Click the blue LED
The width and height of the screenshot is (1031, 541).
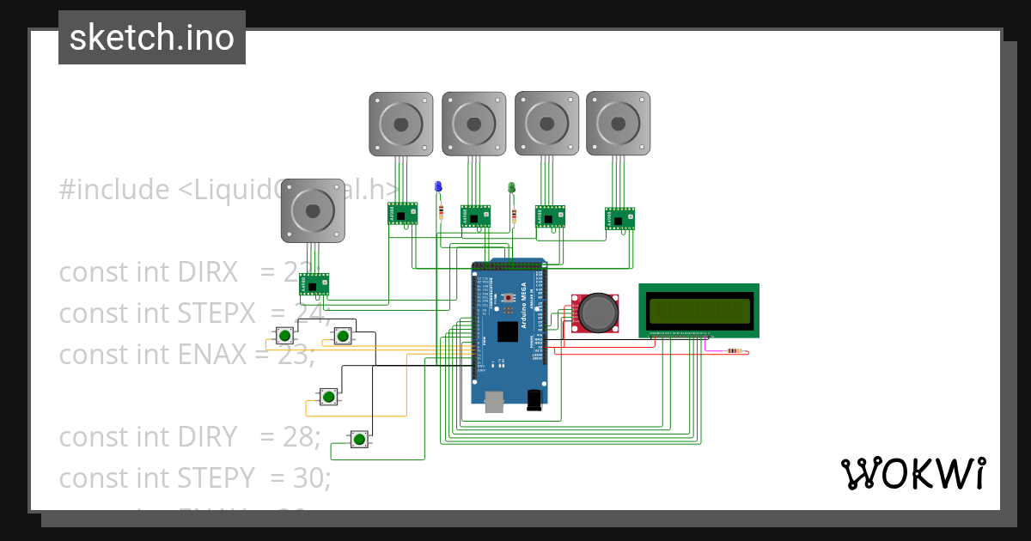point(438,186)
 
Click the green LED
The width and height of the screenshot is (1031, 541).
point(511,186)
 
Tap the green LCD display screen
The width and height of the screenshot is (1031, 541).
point(699,310)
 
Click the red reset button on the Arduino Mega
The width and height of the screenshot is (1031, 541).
point(508,297)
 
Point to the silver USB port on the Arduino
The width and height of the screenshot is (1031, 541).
point(495,402)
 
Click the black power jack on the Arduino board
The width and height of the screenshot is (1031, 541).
point(534,399)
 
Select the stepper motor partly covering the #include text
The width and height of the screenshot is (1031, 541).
point(314,210)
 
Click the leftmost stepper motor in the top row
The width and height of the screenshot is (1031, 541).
point(401,124)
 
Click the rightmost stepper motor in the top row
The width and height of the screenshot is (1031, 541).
point(618,124)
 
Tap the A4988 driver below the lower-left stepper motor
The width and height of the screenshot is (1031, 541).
point(314,284)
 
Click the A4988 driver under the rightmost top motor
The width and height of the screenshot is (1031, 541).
point(619,218)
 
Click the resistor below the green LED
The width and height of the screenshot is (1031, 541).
point(514,215)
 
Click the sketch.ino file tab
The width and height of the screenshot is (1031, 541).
point(152,38)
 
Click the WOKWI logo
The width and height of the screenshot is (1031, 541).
point(912,473)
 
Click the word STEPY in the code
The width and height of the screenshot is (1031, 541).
point(215,477)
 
